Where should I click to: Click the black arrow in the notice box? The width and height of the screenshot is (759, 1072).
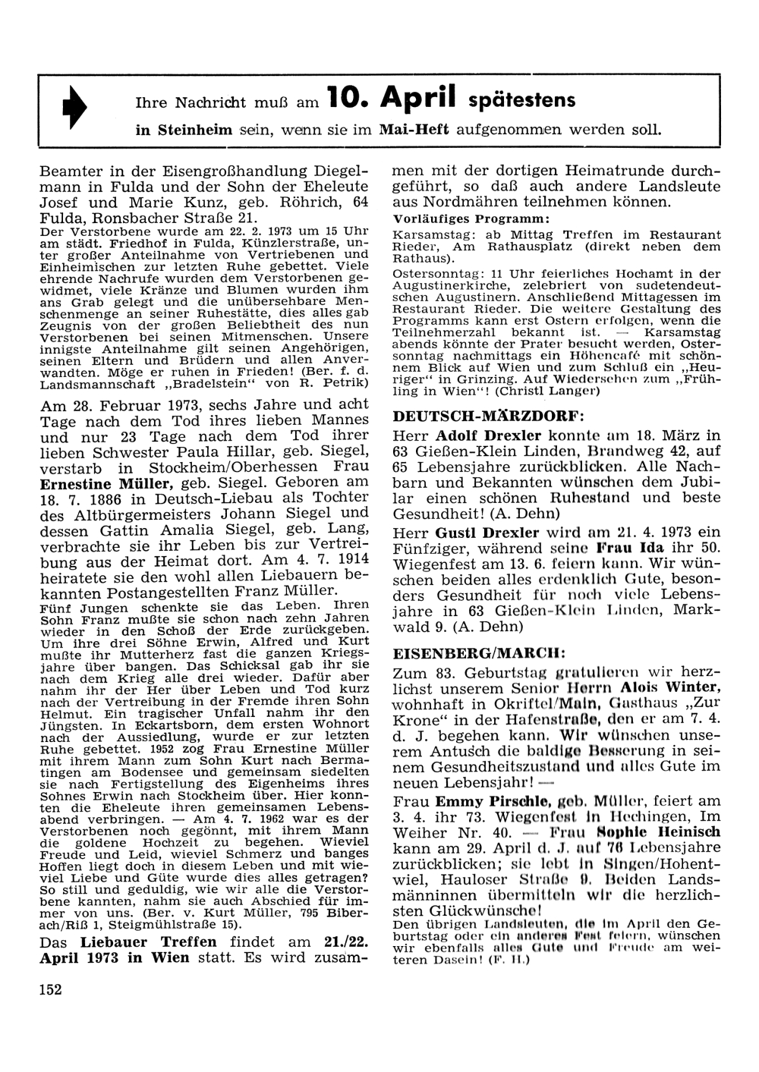coord(78,111)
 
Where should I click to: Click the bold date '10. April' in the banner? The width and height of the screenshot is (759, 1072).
coord(391,97)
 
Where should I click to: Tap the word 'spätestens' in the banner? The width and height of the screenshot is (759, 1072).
coord(521,99)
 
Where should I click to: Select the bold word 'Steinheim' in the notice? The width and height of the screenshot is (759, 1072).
coord(184,130)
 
